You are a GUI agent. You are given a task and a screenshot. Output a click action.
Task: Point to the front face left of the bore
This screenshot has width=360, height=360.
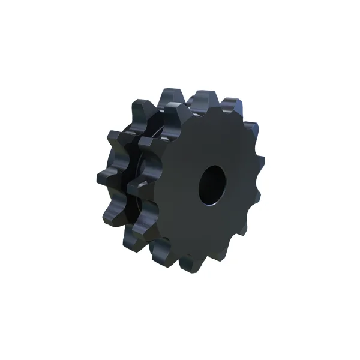(x=174, y=186)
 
